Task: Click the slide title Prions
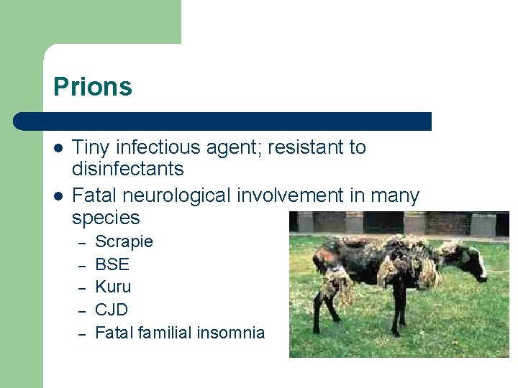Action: click(x=93, y=87)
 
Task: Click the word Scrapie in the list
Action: click(x=124, y=241)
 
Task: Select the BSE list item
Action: click(x=112, y=264)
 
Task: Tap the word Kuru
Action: click(x=113, y=287)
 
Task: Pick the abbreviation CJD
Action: click(x=112, y=310)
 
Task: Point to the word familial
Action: click(x=165, y=333)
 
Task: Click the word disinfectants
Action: click(x=128, y=170)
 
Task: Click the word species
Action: click(x=106, y=218)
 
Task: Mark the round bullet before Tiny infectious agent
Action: click(x=58, y=148)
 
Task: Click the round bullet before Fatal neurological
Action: click(x=58, y=196)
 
